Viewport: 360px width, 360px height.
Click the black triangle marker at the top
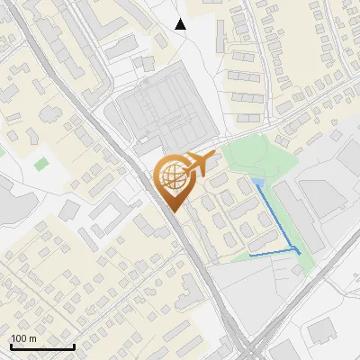pos(180,24)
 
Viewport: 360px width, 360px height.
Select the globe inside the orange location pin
pos(171,175)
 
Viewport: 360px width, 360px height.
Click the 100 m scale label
pos(24,338)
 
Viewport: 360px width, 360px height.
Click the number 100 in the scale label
pos(20,338)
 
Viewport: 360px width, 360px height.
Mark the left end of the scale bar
pos(11,346)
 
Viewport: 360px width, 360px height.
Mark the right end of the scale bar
pos(74,346)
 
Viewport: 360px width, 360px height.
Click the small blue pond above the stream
pos(259,184)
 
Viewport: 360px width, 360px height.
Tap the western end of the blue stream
pos(250,256)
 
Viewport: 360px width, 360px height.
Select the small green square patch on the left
pos(40,164)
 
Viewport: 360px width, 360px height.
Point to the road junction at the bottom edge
pos(247,351)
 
